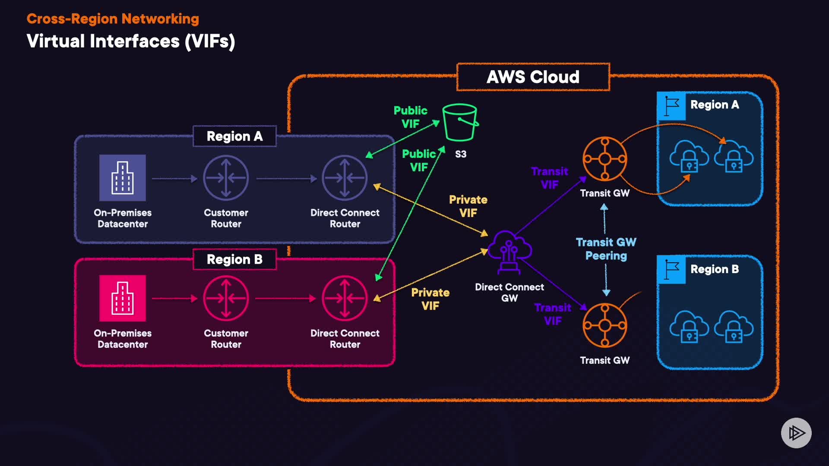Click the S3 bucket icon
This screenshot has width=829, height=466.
pos(460,123)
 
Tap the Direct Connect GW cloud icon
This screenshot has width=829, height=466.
pos(509,252)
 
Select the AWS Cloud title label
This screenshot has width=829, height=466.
pos(533,77)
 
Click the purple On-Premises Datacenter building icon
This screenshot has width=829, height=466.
pos(123,178)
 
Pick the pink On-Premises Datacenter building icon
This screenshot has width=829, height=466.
pos(123,298)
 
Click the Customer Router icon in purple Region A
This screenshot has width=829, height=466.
pos(226,178)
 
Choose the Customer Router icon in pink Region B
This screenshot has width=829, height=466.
pos(226,298)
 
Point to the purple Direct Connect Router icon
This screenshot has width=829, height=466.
pos(345,178)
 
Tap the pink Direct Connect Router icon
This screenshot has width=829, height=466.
pos(345,298)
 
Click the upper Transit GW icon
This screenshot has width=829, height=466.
pos(604,159)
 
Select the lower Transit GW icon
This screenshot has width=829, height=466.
pos(604,325)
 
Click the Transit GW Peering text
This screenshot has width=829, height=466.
pos(606,249)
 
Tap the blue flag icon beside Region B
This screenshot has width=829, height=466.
pos(671,270)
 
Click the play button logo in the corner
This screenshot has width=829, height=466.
pos(796,433)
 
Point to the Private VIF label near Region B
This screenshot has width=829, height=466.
pos(430,299)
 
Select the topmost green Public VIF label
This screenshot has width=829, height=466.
pos(410,117)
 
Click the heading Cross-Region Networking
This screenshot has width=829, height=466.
pos(113,19)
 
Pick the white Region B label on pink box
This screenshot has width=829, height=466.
pos(234,259)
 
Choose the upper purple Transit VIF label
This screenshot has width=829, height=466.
pos(549,178)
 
